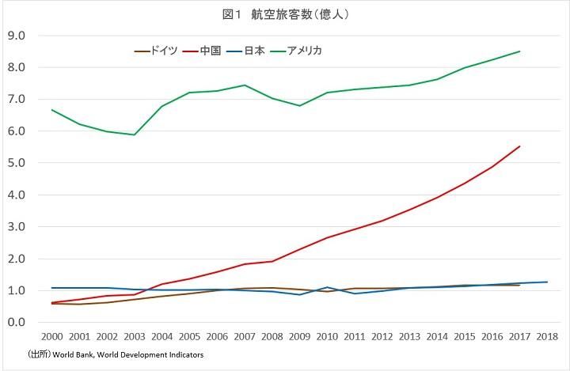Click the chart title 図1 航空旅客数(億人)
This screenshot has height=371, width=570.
pyautogui.click(x=285, y=14)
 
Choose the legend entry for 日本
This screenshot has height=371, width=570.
pyautogui.click(x=253, y=51)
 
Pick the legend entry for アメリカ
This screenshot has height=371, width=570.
pyautogui.click(x=306, y=51)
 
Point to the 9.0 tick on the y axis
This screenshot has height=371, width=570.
pyautogui.click(x=17, y=36)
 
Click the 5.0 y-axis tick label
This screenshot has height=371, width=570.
pyautogui.click(x=17, y=163)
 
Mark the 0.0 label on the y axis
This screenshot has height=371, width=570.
pyautogui.click(x=17, y=323)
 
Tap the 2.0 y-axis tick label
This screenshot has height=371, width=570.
pyautogui.click(x=17, y=259)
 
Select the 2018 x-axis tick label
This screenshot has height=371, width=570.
pyautogui.click(x=547, y=337)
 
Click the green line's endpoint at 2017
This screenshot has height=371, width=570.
pyautogui.click(x=519, y=51)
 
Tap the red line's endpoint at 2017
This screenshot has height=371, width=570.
pyautogui.click(x=519, y=146)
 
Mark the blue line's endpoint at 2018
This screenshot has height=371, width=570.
pyautogui.click(x=547, y=282)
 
